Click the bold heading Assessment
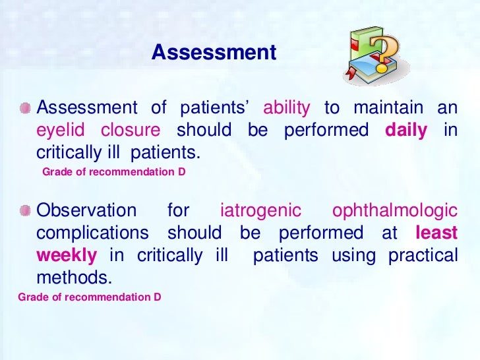(x=214, y=53)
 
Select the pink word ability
(x=286, y=108)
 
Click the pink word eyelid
(x=60, y=131)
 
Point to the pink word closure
(x=130, y=131)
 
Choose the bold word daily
(x=406, y=131)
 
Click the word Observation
(x=86, y=211)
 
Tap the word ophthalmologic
(x=395, y=211)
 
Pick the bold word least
(x=436, y=233)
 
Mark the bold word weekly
(x=67, y=255)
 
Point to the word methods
(x=71, y=278)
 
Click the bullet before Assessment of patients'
(x=24, y=107)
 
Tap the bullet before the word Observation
(x=24, y=210)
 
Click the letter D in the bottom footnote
(x=158, y=297)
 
